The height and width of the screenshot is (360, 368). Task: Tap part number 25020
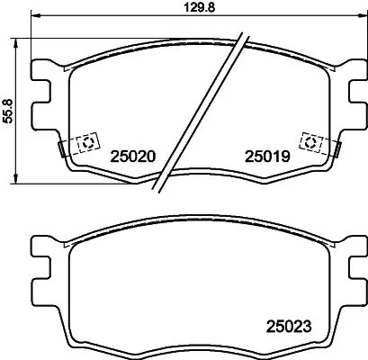(x=133, y=156)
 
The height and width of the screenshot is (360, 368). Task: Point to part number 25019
(x=266, y=156)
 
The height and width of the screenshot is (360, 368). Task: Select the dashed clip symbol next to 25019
(x=310, y=142)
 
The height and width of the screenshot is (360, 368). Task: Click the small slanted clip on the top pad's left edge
(x=61, y=146)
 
